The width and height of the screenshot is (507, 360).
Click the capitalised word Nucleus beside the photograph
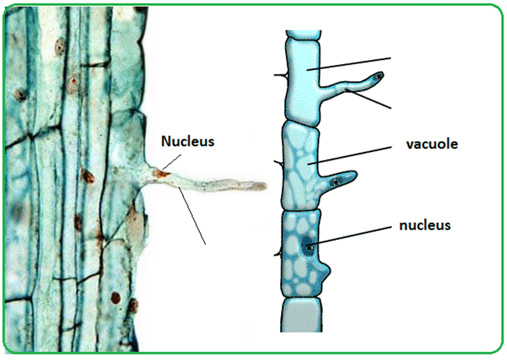pyautogui.click(x=188, y=141)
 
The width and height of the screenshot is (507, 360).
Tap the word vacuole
pyautogui.click(x=432, y=144)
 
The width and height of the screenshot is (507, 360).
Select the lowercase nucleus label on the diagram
pyautogui.click(x=424, y=226)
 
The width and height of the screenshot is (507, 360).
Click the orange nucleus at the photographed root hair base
pyautogui.click(x=163, y=174)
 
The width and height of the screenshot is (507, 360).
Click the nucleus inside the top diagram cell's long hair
pyautogui.click(x=379, y=77)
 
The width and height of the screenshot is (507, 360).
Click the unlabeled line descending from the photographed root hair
pyautogui.click(x=192, y=216)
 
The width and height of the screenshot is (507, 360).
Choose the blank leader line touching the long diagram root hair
pyautogui.click(x=369, y=100)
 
